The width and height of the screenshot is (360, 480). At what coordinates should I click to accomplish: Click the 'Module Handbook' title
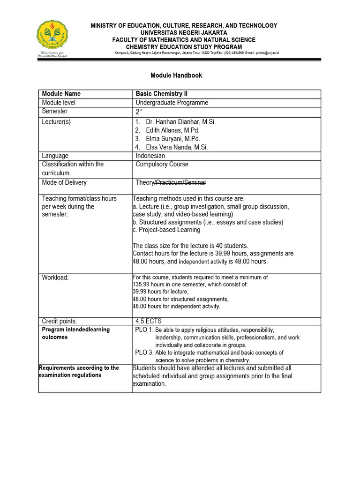176,75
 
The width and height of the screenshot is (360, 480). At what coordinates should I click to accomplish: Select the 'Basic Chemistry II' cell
161,94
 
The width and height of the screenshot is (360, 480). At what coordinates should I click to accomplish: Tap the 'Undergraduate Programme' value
172,103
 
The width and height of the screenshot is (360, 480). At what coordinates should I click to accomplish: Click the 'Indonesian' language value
150,156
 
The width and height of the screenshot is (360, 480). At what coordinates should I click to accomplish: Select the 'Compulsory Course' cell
162,165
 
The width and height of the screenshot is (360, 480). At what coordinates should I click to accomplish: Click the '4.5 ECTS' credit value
147,321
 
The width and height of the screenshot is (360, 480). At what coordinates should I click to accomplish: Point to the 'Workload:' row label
55,277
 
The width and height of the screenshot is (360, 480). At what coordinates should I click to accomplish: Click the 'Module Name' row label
61,94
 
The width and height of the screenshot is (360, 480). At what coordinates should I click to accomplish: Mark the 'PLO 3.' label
144,352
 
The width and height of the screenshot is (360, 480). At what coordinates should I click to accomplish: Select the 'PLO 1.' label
144,330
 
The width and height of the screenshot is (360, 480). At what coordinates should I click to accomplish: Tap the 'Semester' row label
54,111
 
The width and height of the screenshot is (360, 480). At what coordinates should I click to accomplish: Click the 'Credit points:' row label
60,321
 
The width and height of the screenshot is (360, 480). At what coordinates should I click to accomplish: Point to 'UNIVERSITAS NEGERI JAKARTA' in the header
184,33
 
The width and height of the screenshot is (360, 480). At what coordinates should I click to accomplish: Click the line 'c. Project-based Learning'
167,230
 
